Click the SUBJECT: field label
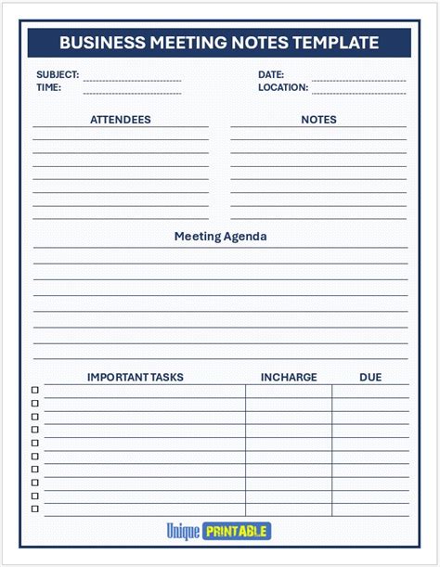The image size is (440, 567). [x=58, y=74]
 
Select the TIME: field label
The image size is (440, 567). [x=49, y=87]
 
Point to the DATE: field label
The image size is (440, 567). [x=271, y=74]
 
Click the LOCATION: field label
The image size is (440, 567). [x=283, y=87]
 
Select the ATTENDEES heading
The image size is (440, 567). [x=120, y=120]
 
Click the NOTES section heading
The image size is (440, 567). [x=318, y=120]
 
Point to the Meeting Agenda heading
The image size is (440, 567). [x=220, y=237]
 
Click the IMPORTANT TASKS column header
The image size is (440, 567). [x=135, y=378]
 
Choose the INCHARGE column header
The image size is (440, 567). [x=289, y=378]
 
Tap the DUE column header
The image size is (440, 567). [x=370, y=378]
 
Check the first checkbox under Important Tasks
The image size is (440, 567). [x=35, y=391]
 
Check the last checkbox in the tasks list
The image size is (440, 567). [x=35, y=509]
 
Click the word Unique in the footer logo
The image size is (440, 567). [x=183, y=532]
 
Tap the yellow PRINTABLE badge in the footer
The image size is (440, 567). [x=237, y=532]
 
